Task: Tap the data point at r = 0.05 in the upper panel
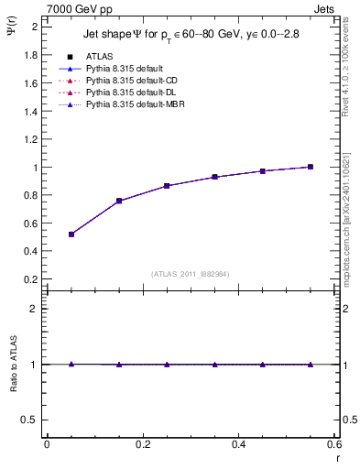click(x=71, y=234)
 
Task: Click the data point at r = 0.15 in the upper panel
click(x=119, y=201)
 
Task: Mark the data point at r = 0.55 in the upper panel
click(x=311, y=167)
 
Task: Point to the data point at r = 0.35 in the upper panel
click(x=214, y=177)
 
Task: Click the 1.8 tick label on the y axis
click(x=31, y=55)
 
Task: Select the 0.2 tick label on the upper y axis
click(x=31, y=279)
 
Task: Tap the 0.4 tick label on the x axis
click(x=238, y=444)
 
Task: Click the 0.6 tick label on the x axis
click(x=333, y=444)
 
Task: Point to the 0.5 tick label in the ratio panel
click(x=31, y=420)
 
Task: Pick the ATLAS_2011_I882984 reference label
click(x=190, y=274)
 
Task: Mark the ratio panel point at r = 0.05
click(x=71, y=364)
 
